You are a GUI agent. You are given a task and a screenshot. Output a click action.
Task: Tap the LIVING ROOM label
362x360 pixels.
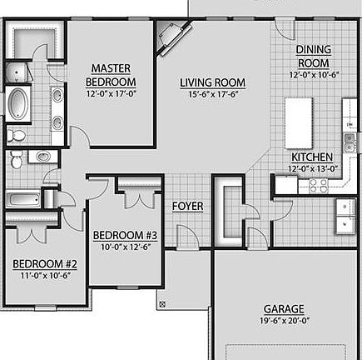pyautogui.click(x=212, y=82)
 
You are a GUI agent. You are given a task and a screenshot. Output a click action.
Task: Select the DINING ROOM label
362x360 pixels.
pyautogui.click(x=313, y=56)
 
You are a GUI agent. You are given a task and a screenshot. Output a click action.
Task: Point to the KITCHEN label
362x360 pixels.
pyautogui.click(x=312, y=157)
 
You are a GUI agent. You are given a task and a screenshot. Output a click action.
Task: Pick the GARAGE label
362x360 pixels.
pyautogui.click(x=284, y=307)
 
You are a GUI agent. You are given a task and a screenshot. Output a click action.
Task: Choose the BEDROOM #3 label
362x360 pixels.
pyautogui.click(x=126, y=234)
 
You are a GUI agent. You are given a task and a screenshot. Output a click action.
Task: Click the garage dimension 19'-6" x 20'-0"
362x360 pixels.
pyautogui.click(x=284, y=319)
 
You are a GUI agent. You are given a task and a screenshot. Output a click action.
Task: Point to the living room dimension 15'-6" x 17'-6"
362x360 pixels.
pyautogui.click(x=212, y=93)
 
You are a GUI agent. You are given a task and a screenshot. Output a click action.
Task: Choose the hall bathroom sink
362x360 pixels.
pyautogui.click(x=38, y=156)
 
